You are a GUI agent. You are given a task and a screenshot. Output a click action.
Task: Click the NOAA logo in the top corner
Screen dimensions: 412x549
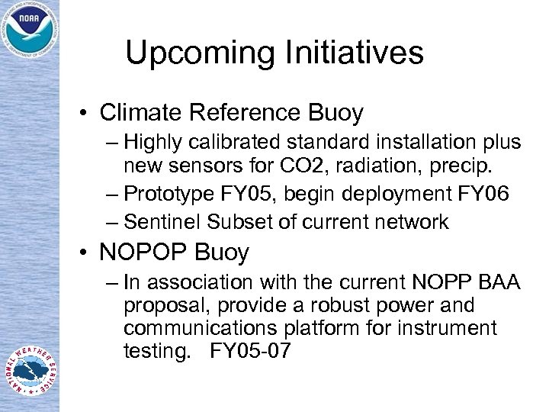[x=30, y=30]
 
